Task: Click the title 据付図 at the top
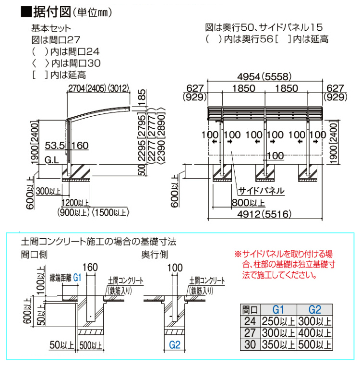pos(52,12)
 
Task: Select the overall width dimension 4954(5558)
pos(264,76)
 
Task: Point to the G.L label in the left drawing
pos(52,160)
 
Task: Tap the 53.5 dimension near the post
pos(55,146)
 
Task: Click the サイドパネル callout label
pos(261,191)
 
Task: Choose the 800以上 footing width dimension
pos(248,203)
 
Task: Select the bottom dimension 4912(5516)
pos(264,214)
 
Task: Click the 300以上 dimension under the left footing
pos(48,191)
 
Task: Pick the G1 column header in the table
pos(278,310)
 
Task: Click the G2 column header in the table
pos(315,310)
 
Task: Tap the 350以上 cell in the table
pos(278,344)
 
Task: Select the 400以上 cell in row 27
pos(315,333)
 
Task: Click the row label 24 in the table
pos(250,321)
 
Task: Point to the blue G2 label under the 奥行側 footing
pos(175,345)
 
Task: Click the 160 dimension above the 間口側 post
pos(90,267)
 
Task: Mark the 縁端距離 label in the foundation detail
pos(60,278)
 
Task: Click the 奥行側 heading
pos(155,255)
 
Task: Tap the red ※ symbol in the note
pos(238,254)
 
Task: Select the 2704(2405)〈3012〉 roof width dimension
pos(98,88)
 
